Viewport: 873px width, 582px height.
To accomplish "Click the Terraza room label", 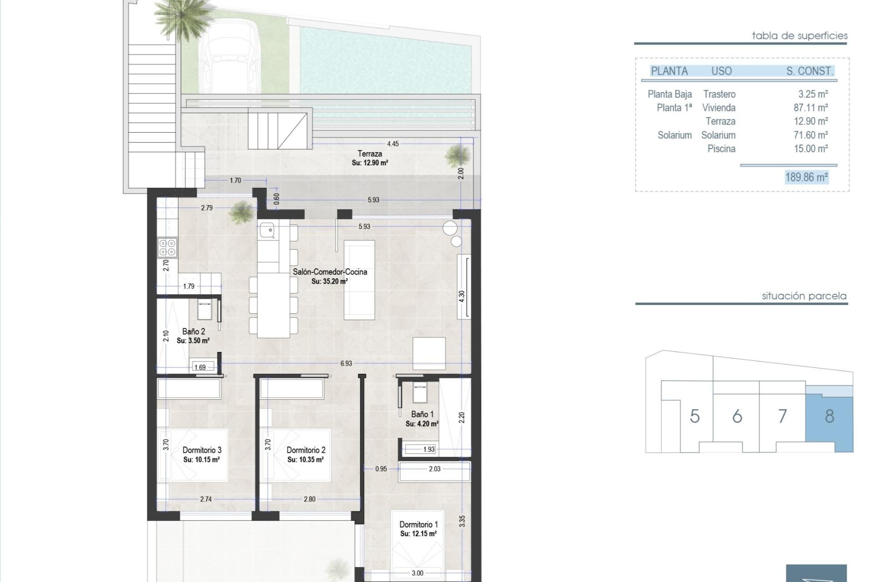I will [x=369, y=154].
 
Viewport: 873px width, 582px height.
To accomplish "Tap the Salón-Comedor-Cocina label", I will [x=330, y=272].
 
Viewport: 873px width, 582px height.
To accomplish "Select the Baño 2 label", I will [x=193, y=331].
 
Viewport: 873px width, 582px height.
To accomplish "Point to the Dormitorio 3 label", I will [x=202, y=450].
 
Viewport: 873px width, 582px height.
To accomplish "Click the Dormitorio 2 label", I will [x=306, y=450].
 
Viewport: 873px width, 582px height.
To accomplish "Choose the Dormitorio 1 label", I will [x=418, y=524].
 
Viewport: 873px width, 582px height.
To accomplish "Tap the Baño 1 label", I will [x=422, y=414].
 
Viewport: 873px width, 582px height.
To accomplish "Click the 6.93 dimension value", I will [x=346, y=363].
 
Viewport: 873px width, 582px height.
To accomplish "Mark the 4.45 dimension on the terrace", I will [x=392, y=144].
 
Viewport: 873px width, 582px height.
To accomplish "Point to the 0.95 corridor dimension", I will [x=381, y=469].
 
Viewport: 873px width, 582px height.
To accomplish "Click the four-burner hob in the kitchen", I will [x=167, y=247].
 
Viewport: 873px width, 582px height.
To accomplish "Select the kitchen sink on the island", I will [x=267, y=231].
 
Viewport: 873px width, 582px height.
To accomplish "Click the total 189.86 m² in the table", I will [x=806, y=177].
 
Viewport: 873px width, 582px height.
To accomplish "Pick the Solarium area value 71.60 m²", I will [x=811, y=135].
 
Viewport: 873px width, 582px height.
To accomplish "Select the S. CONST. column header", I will [x=809, y=71].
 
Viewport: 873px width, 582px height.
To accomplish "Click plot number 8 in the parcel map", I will [x=829, y=416].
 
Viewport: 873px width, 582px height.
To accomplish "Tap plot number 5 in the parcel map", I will [x=694, y=416].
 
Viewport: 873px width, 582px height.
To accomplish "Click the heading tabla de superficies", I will [x=799, y=35].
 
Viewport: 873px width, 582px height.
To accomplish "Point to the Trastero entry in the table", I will [x=719, y=94].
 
